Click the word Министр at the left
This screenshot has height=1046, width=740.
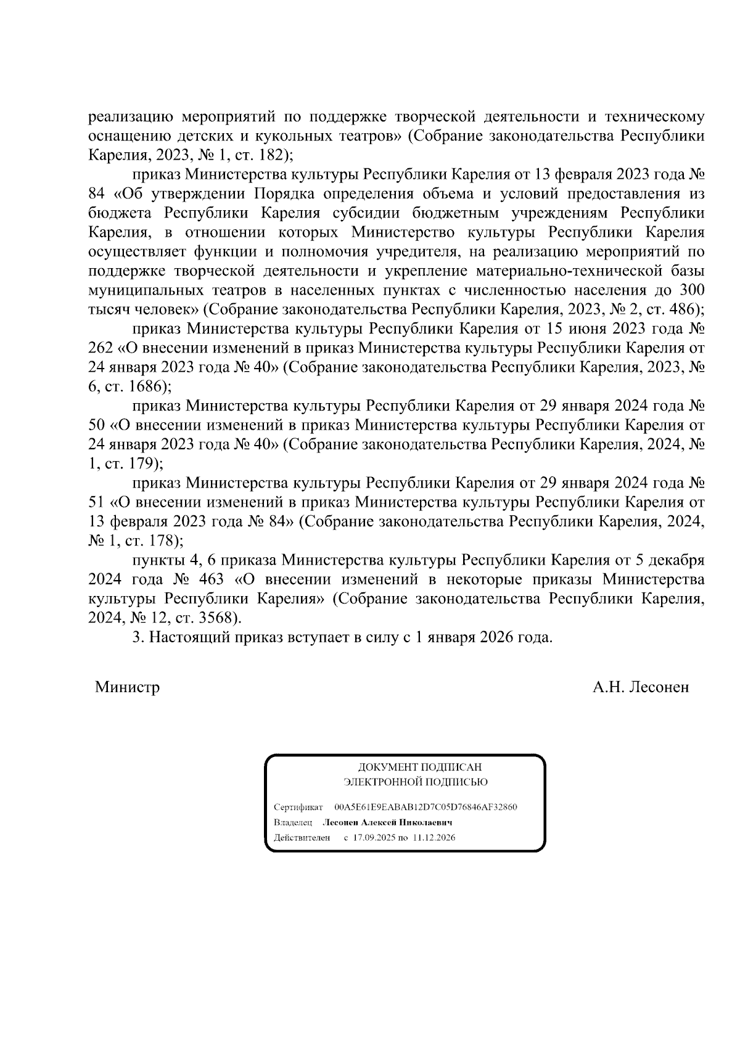[x=127, y=687]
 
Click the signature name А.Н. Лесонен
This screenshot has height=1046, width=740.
[x=641, y=687]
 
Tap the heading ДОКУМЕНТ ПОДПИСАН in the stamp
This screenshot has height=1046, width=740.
[x=420, y=767]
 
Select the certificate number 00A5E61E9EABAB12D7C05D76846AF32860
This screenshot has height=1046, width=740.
[x=425, y=807]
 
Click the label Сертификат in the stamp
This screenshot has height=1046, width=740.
[x=298, y=807]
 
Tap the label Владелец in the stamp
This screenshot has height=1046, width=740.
[x=293, y=823]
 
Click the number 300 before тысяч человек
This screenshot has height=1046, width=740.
[x=692, y=290]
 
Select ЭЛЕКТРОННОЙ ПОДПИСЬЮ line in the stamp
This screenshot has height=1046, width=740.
[x=415, y=783]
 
